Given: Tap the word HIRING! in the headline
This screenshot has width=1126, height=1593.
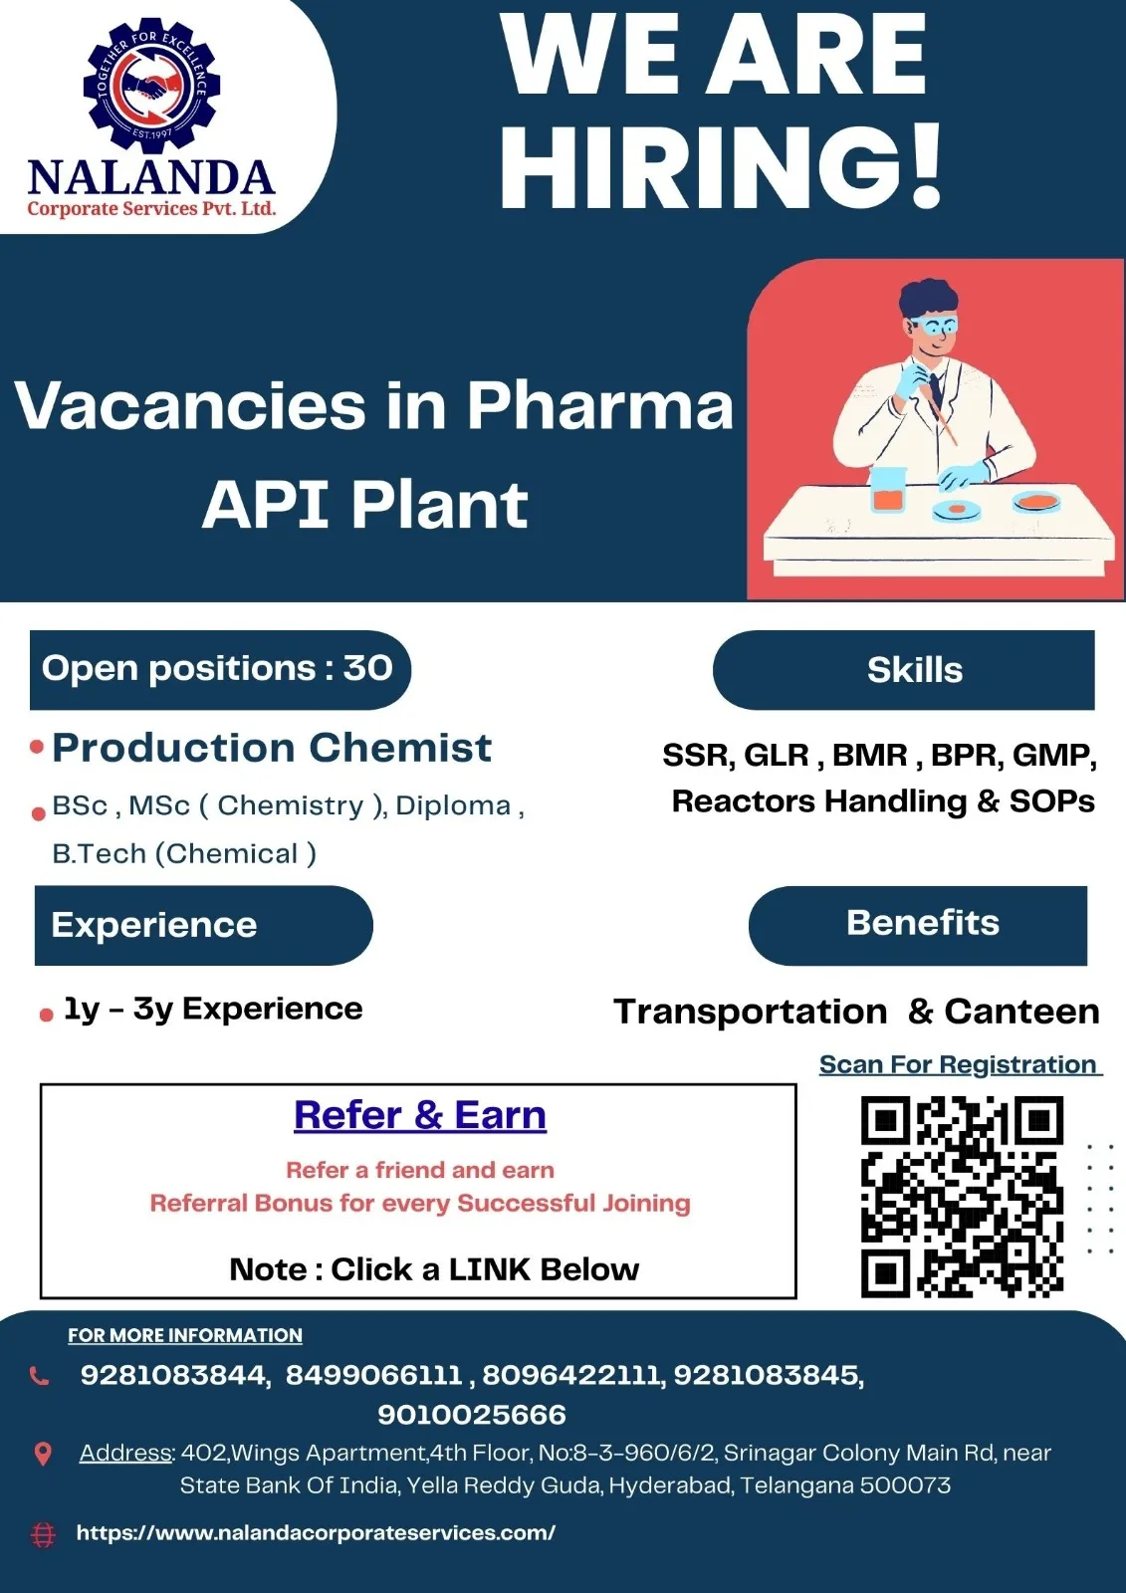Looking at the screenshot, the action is [721, 165].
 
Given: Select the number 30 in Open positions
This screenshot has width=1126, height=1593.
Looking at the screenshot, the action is [367, 668].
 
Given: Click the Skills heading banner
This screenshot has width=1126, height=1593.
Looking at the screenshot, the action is [903, 670].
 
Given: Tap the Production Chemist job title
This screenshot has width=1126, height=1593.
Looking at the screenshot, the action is [272, 748].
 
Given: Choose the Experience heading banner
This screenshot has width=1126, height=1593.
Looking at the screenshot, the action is [203, 925].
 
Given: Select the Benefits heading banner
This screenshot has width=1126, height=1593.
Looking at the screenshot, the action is [918, 925].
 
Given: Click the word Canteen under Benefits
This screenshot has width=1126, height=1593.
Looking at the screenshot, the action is [1022, 1011].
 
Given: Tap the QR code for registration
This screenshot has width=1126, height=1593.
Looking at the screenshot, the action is [963, 1196].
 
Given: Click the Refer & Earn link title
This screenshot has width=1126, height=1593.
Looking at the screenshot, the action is [420, 1114].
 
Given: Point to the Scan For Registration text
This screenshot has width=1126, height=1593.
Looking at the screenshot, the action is [961, 1064].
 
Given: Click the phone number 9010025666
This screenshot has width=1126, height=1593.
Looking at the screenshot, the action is [472, 1415].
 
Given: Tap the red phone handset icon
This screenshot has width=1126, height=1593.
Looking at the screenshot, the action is [39, 1376].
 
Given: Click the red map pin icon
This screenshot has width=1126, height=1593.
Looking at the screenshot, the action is [43, 1455].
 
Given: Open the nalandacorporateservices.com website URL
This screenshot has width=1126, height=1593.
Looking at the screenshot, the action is [316, 1532].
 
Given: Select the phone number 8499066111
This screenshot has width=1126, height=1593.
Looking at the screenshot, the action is [374, 1375].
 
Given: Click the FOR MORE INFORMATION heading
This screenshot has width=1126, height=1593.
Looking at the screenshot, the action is [185, 1335].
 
